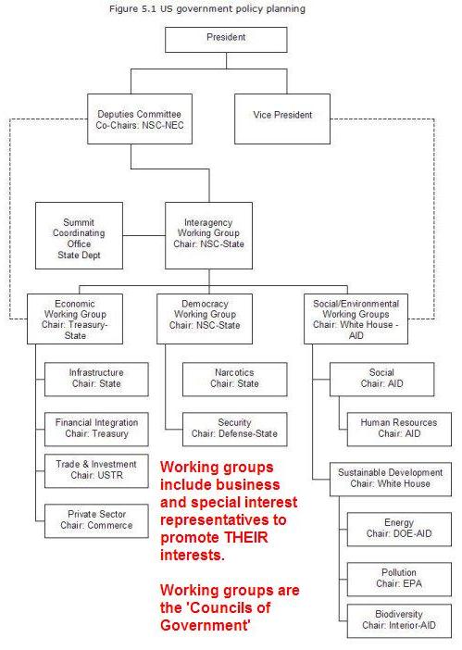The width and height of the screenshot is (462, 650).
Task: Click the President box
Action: pyautogui.click(x=226, y=40)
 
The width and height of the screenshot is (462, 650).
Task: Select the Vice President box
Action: pyautogui.click(x=282, y=119)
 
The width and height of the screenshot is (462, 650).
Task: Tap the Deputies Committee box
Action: pyautogui.click(x=140, y=119)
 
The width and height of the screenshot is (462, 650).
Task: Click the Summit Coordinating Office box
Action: pyautogui.click(x=79, y=235)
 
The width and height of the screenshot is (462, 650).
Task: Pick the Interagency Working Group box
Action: pyautogui.click(x=209, y=235)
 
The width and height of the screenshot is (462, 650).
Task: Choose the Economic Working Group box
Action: pyautogui.click(x=75, y=319)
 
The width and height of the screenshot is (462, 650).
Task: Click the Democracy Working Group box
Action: pyautogui.click(x=205, y=319)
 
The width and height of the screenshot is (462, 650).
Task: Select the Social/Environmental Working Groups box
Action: pyautogui.click(x=356, y=319)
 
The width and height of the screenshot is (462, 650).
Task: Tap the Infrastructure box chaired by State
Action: pyautogui.click(x=96, y=380)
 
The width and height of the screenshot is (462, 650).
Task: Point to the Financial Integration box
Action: pyautogui.click(x=96, y=429)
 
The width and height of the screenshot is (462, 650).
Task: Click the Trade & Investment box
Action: pyautogui.click(x=96, y=471)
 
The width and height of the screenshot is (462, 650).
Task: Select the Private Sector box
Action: pyautogui.click(x=96, y=520)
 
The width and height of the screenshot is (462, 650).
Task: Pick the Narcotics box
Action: pyautogui.click(x=235, y=380)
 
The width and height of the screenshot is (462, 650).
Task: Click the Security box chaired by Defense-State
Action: pyautogui.click(x=235, y=429)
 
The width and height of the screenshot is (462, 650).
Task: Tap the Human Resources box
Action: pyautogui.click(x=399, y=429)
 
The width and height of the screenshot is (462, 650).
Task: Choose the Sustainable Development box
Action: pyautogui.click(x=391, y=480)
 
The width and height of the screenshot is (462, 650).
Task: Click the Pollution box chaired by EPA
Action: pyautogui.click(x=399, y=579)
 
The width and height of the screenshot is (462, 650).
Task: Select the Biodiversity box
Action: pyautogui.click(x=399, y=621)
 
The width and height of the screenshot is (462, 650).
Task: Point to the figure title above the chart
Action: pyautogui.click(x=207, y=8)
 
